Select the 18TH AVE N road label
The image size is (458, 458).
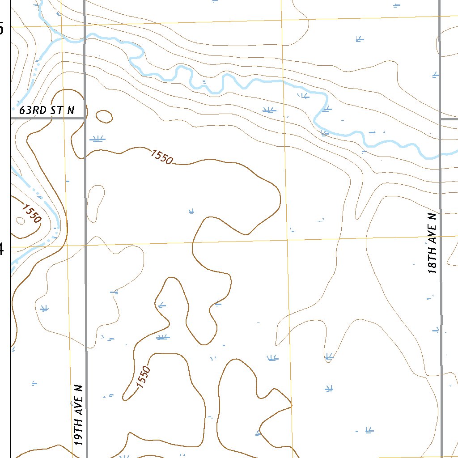(432, 243)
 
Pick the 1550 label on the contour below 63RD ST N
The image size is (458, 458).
(161, 157)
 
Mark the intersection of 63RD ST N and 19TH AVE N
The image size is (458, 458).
(85, 118)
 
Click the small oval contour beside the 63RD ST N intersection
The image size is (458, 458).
(104, 117)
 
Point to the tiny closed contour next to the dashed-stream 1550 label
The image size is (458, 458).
(20, 220)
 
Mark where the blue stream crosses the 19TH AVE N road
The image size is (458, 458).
(85, 38)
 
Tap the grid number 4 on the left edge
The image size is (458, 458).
(2, 248)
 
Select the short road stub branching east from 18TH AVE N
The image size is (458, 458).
(449, 119)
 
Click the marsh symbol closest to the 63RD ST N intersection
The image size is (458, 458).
(97, 139)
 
